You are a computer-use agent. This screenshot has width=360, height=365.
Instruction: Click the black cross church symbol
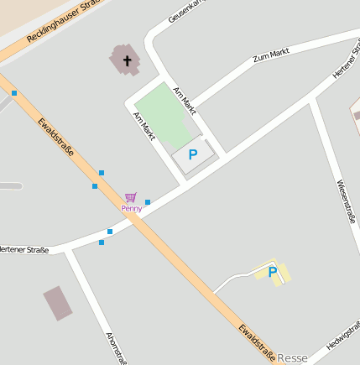128,60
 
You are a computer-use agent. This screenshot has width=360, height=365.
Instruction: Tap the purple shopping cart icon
130,197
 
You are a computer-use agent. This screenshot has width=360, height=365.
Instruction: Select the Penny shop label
131,207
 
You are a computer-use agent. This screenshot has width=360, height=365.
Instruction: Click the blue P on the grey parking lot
193,154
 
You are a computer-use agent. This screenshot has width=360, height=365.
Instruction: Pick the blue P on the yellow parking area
273,271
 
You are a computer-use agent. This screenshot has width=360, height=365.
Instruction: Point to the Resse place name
292,357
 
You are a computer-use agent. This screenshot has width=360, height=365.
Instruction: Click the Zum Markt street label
271,57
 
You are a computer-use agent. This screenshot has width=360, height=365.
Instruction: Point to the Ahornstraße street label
115,347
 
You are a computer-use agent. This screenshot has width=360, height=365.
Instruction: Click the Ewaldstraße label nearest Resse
256,343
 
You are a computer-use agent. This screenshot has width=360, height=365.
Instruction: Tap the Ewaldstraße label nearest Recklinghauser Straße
55,138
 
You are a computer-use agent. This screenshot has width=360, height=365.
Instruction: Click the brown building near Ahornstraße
58,303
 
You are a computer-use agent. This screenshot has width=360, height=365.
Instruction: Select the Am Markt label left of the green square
144,125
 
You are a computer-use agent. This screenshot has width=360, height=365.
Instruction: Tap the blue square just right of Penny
148,202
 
